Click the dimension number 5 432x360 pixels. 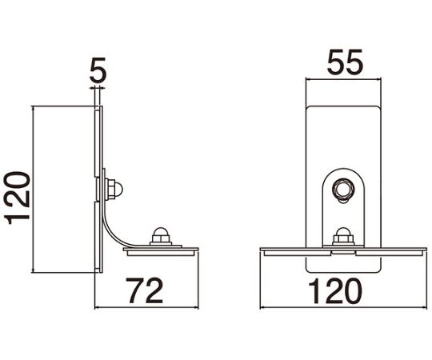click(98, 70)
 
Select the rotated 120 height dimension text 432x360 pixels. click(17, 198)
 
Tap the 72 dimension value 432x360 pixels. click(144, 290)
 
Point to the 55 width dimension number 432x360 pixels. click(345, 62)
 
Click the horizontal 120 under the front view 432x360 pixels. click(335, 291)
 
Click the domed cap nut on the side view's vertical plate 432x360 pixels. click(114, 189)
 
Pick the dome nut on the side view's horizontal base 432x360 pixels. click(161, 236)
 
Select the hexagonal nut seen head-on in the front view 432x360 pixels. click(343, 190)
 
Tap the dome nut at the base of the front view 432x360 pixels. click(343, 236)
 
